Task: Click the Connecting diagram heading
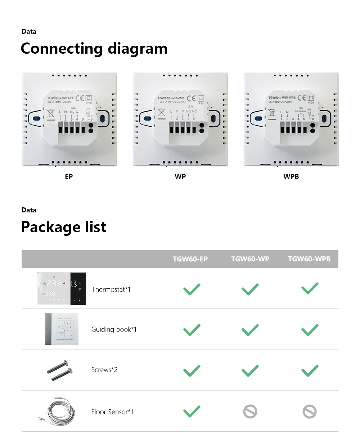tap(94, 49)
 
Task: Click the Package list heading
tap(64, 227)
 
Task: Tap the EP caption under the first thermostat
tap(69, 177)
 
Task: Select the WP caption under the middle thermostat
tap(180, 177)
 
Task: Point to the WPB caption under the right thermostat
tap(291, 177)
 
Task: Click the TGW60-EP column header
tap(190, 259)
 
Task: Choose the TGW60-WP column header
tap(250, 259)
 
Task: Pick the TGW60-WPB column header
tap(309, 259)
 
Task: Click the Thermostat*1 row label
tap(111, 289)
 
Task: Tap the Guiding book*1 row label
tap(114, 329)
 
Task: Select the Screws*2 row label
tap(104, 370)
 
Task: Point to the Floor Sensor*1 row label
tap(112, 411)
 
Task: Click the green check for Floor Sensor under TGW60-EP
tap(192, 411)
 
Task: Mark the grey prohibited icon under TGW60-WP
tap(250, 411)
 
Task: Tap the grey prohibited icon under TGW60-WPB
tap(310, 411)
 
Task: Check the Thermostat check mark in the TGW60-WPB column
tap(310, 289)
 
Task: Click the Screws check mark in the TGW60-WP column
tap(250, 370)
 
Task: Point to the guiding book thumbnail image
tap(62, 329)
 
